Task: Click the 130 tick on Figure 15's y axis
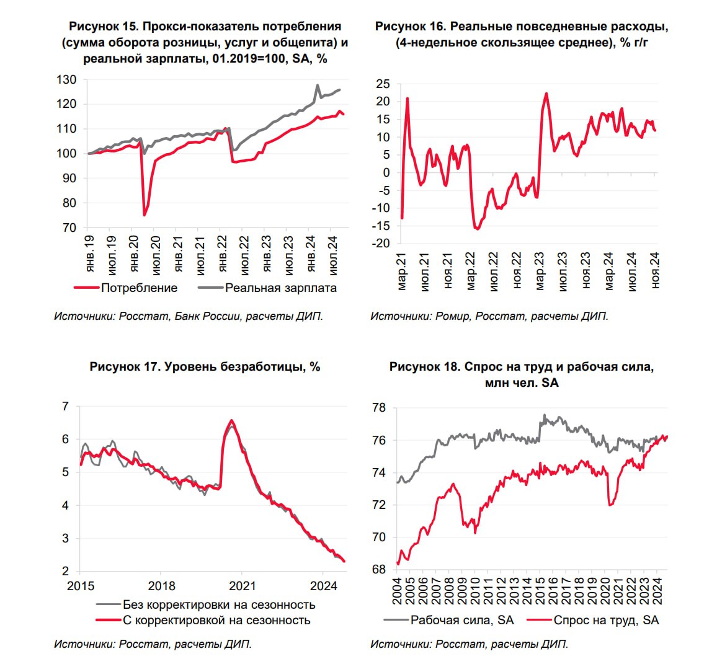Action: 66,79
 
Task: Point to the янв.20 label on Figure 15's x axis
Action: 134,254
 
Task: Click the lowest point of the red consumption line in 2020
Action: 145,215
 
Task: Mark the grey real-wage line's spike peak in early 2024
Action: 318,85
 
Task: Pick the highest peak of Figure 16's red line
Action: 546,93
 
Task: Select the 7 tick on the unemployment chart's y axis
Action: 65,406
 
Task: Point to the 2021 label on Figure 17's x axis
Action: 242,586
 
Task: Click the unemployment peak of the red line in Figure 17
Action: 231,420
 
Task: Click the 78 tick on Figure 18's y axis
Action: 380,408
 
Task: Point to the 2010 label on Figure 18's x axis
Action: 475,591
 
